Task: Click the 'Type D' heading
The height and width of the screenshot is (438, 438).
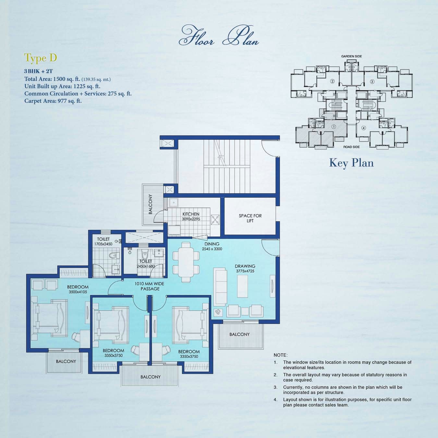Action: pyautogui.click(x=41, y=58)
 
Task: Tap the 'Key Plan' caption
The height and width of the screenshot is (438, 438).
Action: pyautogui.click(x=351, y=163)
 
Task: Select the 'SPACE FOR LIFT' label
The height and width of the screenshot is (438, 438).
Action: pyautogui.click(x=250, y=218)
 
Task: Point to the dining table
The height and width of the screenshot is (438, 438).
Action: pyautogui.click(x=186, y=262)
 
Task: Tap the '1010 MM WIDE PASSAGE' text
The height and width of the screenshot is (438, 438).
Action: pyautogui.click(x=150, y=286)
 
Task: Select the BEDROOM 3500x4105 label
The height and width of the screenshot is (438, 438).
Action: pyautogui.click(x=78, y=289)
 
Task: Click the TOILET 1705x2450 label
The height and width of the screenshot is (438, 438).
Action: pyautogui.click(x=103, y=241)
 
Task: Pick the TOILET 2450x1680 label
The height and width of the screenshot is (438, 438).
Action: pyautogui.click(x=146, y=263)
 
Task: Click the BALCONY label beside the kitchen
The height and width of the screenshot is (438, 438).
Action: pyautogui.click(x=150, y=204)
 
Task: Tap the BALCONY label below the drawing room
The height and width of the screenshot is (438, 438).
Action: pyautogui.click(x=239, y=335)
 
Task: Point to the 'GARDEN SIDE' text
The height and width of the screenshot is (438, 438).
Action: pyautogui.click(x=351, y=56)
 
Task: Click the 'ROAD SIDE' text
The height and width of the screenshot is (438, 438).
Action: pyautogui.click(x=351, y=147)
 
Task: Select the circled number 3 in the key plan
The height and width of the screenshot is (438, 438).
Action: pyautogui.click(x=372, y=81)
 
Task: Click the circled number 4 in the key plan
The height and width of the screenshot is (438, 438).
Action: pyautogui.click(x=363, y=128)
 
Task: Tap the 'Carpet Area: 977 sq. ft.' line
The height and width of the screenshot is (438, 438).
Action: pyautogui.click(x=53, y=101)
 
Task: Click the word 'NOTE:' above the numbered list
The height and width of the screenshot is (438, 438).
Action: pyautogui.click(x=280, y=355)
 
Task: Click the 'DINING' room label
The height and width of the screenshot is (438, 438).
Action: pyautogui.click(x=212, y=244)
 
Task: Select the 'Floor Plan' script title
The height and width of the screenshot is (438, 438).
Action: pyautogui.click(x=219, y=36)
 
